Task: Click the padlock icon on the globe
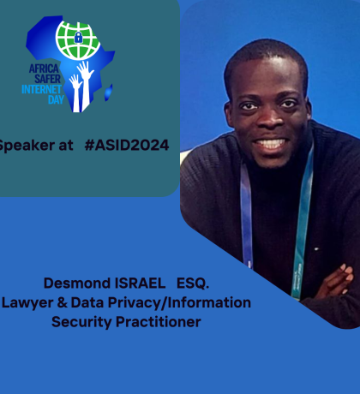point(78,37)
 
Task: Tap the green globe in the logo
point(78,39)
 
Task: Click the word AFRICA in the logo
point(44,69)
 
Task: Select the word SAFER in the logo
point(47,79)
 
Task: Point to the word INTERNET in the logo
point(42,89)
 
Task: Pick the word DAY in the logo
point(56,99)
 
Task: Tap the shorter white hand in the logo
point(75,93)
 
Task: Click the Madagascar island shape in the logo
point(109,93)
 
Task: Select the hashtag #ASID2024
point(127,145)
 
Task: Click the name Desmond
point(77,284)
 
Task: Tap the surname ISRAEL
point(140,284)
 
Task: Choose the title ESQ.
point(193,284)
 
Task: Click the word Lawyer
point(27,302)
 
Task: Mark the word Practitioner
point(159,321)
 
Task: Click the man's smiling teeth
point(271,143)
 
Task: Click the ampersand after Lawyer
point(62,302)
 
